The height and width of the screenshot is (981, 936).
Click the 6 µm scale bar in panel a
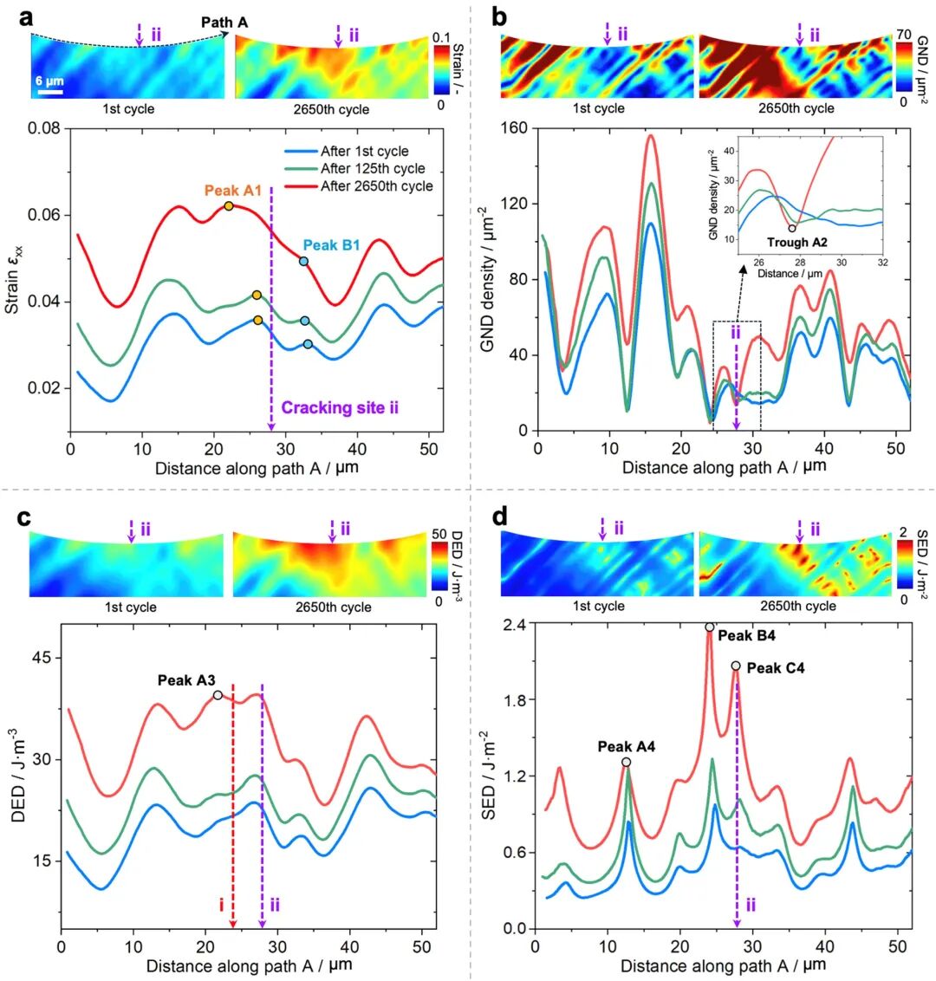(x=49, y=89)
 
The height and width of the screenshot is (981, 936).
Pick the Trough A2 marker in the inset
(x=792, y=229)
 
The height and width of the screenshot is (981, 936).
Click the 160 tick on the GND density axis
(x=518, y=128)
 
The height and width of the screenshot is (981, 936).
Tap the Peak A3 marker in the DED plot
(x=218, y=695)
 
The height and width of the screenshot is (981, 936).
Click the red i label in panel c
(x=222, y=906)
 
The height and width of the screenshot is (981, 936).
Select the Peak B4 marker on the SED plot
(x=709, y=627)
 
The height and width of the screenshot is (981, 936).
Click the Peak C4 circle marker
(x=736, y=666)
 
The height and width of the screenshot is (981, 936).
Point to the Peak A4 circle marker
(x=626, y=762)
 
